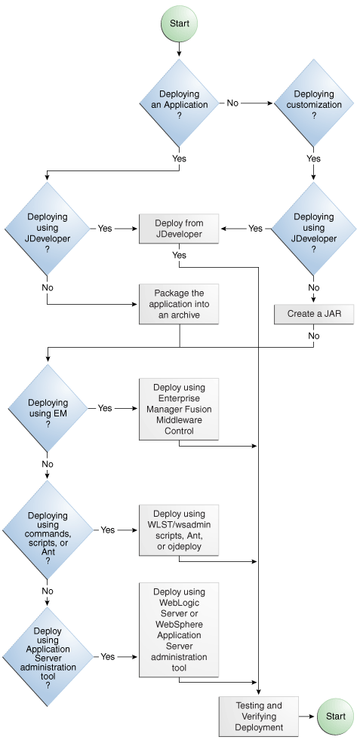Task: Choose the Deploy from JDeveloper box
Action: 179,229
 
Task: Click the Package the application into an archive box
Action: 179,304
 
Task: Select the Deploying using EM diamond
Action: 48,408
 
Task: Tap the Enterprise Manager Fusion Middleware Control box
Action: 179,409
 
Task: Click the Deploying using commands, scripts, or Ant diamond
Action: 48,530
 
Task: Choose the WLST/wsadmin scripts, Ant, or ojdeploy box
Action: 179,530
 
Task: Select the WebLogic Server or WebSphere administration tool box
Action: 179,630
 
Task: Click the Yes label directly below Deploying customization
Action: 313,159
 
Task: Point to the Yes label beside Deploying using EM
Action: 105,408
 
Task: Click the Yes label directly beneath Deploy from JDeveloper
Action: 179,255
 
